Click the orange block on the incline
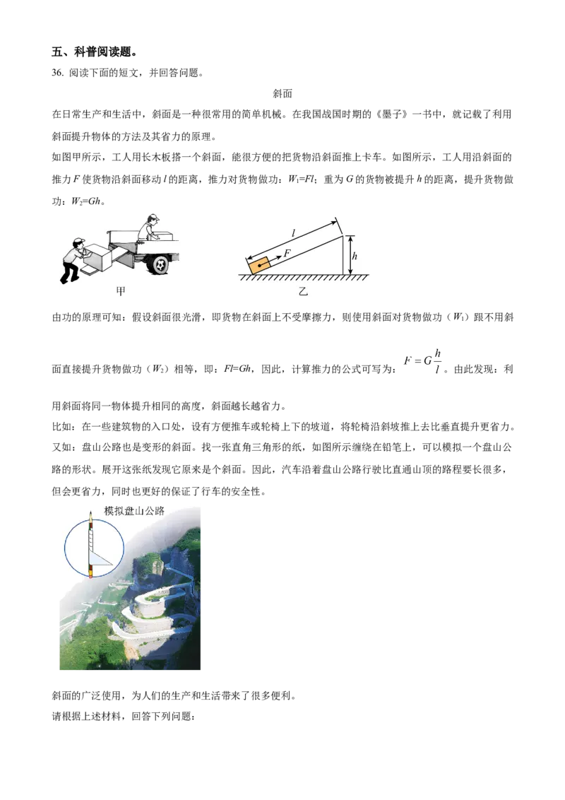[259, 266]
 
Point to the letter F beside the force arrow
[287, 252]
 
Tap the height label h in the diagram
[355, 256]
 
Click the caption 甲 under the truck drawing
[120, 291]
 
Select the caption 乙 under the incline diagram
[303, 291]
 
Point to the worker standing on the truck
[148, 228]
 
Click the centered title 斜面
[282, 93]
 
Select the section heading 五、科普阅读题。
[95, 52]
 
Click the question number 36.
[57, 73]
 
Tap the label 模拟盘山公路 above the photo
[134, 511]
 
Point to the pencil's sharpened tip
[90, 514]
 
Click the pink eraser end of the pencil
[91, 575]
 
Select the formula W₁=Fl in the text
[302, 179]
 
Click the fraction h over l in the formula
[437, 361]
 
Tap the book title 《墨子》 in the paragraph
[392, 114]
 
